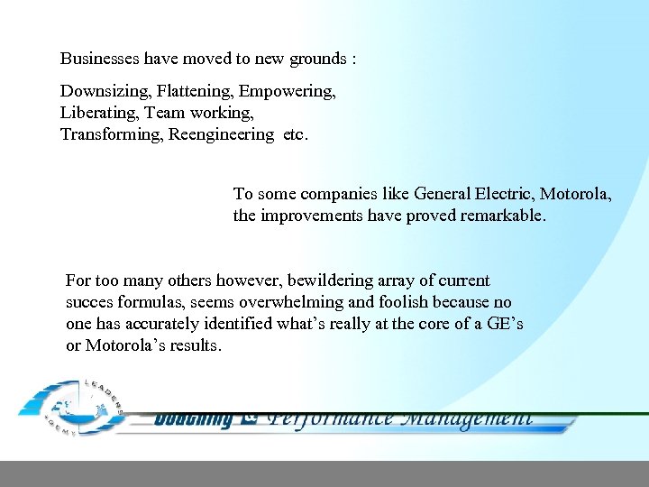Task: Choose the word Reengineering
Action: pyautogui.click(x=221, y=135)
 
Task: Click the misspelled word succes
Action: pyautogui.click(x=89, y=303)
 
